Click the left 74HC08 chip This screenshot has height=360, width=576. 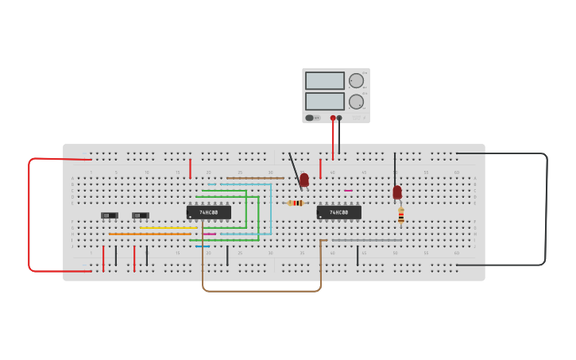point(208,212)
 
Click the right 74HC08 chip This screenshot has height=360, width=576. point(339,212)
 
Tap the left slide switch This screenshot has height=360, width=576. point(110,215)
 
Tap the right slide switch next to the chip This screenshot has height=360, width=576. point(141,215)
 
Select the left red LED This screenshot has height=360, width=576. point(304,180)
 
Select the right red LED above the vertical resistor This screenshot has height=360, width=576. point(397,192)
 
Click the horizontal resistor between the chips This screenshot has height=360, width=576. point(296,203)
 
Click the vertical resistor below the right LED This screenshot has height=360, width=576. point(401,215)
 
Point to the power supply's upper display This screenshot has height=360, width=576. point(325,80)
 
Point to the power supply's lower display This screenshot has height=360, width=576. point(325,101)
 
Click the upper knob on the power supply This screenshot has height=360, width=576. point(356,80)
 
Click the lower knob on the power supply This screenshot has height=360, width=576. point(356,101)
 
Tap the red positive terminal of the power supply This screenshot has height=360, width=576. point(333,118)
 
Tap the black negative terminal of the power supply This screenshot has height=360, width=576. point(339,118)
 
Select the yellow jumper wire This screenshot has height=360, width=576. point(168,228)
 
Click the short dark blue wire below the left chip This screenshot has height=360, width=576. point(203,246)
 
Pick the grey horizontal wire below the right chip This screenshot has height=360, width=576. point(366,240)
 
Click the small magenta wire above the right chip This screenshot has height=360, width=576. point(348,191)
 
